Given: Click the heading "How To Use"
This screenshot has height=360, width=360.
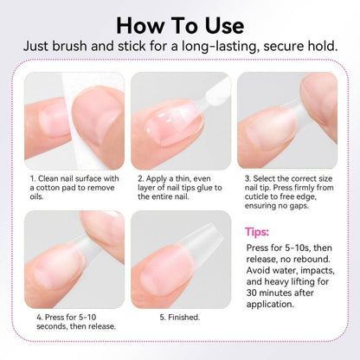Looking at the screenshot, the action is (x=180, y=26).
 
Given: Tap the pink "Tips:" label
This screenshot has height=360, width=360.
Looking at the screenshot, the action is (x=257, y=232).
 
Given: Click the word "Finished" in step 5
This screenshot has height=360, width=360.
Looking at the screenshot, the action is (x=183, y=318).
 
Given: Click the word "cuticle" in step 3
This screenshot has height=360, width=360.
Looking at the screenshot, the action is (x=256, y=196).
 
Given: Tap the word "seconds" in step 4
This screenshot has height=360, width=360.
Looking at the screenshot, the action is (x=48, y=326).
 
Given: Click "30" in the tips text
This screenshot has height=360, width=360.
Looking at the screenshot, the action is (x=252, y=293).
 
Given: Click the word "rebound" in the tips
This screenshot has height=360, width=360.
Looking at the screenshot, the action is (x=312, y=259).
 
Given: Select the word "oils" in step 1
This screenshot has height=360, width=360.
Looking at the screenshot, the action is (x=36, y=196).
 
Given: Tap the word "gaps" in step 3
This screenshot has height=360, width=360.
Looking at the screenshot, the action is (x=299, y=207).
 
